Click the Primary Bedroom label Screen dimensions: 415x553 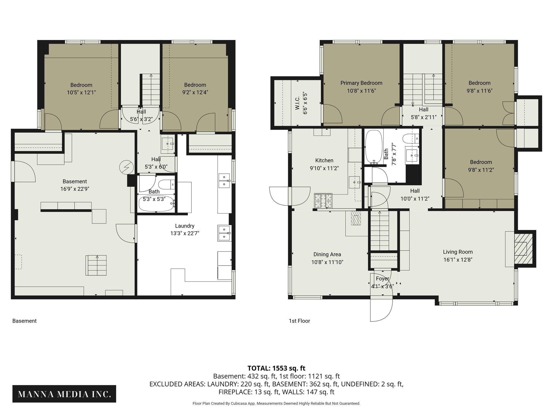361,83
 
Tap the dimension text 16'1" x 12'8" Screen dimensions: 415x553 458,260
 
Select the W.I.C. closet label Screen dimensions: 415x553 297,103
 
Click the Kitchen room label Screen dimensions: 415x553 324,160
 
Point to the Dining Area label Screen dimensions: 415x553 327,254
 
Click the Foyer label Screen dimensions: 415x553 382,279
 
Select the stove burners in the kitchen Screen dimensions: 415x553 323,201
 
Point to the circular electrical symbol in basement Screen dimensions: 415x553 126,167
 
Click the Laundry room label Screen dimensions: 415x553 184,226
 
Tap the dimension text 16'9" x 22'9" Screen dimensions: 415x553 75,189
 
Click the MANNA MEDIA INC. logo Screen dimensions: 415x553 64,394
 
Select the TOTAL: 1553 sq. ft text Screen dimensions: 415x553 276,368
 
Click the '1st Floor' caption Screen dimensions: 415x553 299,321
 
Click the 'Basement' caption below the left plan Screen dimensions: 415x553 24,321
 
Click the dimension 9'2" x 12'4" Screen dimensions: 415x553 195,92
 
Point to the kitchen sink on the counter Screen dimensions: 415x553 355,182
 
